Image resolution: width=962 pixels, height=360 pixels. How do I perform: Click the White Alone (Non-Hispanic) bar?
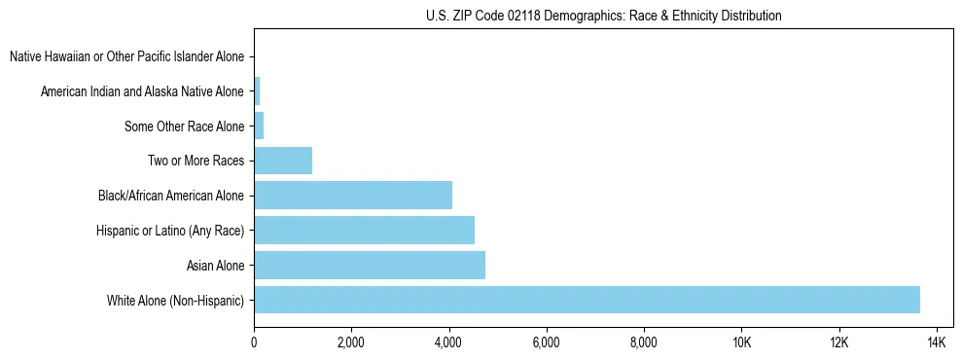tap(587, 300)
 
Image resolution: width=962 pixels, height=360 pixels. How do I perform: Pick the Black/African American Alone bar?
tap(353, 196)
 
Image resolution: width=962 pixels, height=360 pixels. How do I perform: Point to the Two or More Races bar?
tap(283, 161)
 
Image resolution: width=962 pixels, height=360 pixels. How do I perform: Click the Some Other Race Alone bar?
tap(259, 126)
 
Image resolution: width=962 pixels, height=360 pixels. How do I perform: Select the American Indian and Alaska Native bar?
tap(257, 91)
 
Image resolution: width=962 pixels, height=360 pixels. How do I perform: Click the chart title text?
tap(604, 16)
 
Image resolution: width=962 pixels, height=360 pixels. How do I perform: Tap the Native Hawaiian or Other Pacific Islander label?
tap(126, 56)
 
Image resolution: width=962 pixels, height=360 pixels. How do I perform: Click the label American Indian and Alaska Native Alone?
tap(143, 91)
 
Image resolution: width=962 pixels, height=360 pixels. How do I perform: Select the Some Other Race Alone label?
tap(185, 126)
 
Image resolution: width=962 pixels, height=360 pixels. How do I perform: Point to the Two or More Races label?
tap(196, 161)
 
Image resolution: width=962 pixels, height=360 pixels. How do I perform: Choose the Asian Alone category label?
tap(215, 265)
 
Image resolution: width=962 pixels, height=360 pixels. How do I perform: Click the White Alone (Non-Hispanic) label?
tap(176, 300)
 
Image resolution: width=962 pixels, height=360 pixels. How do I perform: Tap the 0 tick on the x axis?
tap(254, 342)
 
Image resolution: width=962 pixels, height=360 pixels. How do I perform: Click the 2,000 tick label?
tap(351, 342)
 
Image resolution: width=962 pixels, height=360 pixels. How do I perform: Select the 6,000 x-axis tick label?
tap(547, 342)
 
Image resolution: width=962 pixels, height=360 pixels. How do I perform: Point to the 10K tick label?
tap(741, 342)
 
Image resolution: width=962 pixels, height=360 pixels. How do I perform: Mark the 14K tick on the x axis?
tap(937, 342)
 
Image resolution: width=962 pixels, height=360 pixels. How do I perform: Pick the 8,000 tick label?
tap(644, 342)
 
